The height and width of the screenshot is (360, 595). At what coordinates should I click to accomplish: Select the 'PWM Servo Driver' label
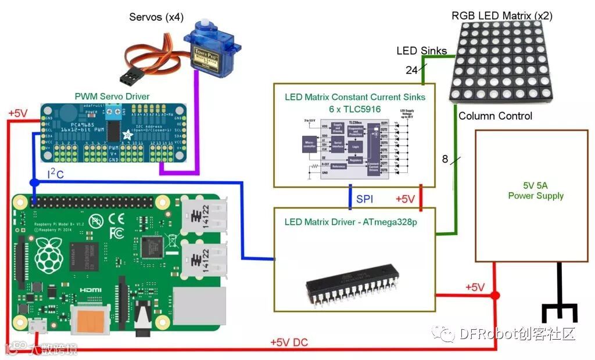[x=112, y=96]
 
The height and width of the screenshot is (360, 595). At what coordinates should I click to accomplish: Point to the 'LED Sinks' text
[x=421, y=51]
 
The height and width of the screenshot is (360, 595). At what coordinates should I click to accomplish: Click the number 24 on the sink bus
[x=411, y=70]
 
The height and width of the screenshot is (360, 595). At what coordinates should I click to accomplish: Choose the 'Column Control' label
[x=495, y=116]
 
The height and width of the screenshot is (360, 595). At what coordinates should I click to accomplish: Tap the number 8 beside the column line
[x=445, y=158]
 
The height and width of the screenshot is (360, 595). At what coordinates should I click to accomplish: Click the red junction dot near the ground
[x=494, y=296]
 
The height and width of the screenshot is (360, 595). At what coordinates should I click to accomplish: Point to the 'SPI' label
[x=365, y=199]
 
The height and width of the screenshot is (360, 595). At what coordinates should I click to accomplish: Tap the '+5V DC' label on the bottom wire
[x=289, y=343]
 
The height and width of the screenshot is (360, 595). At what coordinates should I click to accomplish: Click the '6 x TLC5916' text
[x=354, y=108]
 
